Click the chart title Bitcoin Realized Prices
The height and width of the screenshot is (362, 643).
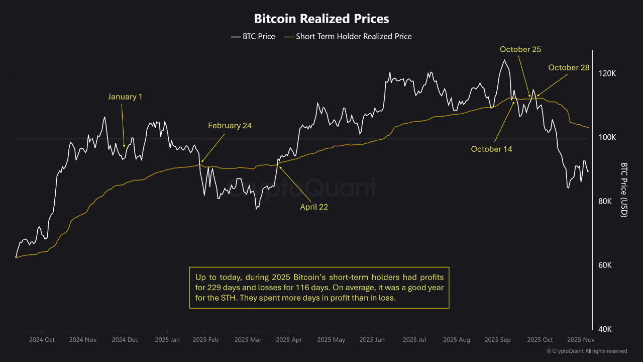pyautogui.click(x=321, y=19)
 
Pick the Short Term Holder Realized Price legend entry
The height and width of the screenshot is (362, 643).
pyautogui.click(x=348, y=36)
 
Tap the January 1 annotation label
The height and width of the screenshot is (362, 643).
pyautogui.click(x=125, y=97)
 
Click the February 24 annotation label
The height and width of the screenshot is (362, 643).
pyautogui.click(x=230, y=126)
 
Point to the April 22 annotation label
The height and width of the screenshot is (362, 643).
pyautogui.click(x=314, y=207)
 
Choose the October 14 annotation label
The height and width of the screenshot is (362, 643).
pyautogui.click(x=491, y=149)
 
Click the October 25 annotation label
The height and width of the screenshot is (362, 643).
pyautogui.click(x=520, y=49)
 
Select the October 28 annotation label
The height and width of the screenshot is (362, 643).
pyautogui.click(x=569, y=67)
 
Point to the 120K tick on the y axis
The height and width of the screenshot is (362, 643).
pyautogui.click(x=607, y=73)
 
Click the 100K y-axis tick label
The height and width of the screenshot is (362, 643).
pyautogui.click(x=607, y=138)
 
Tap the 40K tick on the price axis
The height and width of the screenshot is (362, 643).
pyautogui.click(x=605, y=329)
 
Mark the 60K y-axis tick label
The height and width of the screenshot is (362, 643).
pyautogui.click(x=605, y=265)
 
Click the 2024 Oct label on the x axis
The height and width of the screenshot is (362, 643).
pyautogui.click(x=42, y=340)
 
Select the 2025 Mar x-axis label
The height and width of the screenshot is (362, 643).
pyautogui.click(x=248, y=340)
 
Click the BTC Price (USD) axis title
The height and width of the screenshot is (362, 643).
pyautogui.click(x=624, y=190)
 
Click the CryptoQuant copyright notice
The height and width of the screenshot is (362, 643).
pyautogui.click(x=586, y=351)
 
